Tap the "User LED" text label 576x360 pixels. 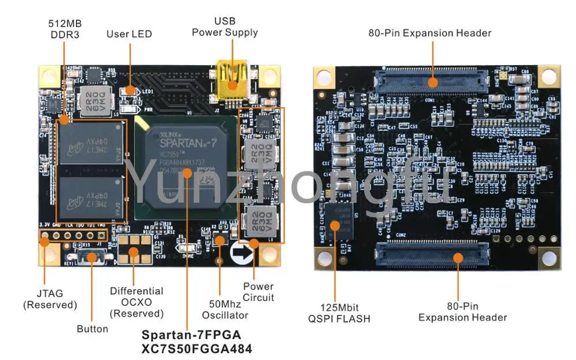pyautogui.click(x=129, y=34)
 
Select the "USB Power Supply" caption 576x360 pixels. pyautogui.click(x=225, y=27)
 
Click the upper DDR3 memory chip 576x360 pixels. pyautogui.click(x=92, y=141)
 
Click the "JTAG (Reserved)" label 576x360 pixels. pyautogui.click(x=50, y=298)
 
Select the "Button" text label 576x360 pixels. pyautogui.click(x=92, y=329)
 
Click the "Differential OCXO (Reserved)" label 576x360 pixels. pyautogui.click(x=137, y=302)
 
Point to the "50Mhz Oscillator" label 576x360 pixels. pyautogui.click(x=225, y=309)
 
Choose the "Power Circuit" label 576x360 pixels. pyautogui.click(x=258, y=291)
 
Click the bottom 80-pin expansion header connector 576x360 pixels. pyautogui.click(x=432, y=253)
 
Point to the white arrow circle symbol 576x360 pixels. pyautogui.click(x=241, y=252)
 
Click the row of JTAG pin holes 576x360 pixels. pyautogui.click(x=73, y=236)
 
